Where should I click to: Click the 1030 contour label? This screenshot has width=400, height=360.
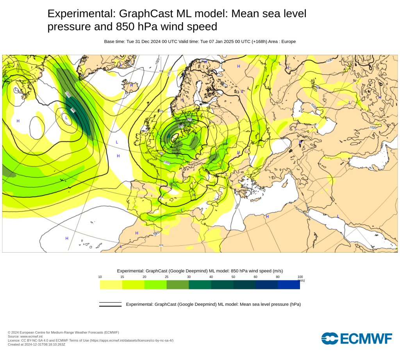(329, 60)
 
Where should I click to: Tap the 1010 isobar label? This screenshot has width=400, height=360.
(169, 73)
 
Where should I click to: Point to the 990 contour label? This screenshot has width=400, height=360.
(189, 119)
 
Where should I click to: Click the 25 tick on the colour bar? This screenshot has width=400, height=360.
(167, 277)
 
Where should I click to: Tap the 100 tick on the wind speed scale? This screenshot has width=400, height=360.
(300, 277)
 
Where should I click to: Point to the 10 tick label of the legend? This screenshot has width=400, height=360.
(100, 277)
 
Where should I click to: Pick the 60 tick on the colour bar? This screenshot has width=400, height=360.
(255, 277)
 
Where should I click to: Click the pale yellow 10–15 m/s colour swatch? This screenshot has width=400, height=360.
(111, 285)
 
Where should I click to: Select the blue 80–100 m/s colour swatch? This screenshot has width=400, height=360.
(289, 285)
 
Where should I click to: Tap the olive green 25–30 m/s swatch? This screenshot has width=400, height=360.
(178, 285)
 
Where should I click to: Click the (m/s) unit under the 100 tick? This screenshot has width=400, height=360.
(301, 280)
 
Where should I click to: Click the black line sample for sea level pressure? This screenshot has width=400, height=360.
(110, 304)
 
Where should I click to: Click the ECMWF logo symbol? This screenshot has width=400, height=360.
(329, 338)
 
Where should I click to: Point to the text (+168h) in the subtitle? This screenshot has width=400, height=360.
(258, 41)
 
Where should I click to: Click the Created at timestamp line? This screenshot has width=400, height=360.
(36, 344)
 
